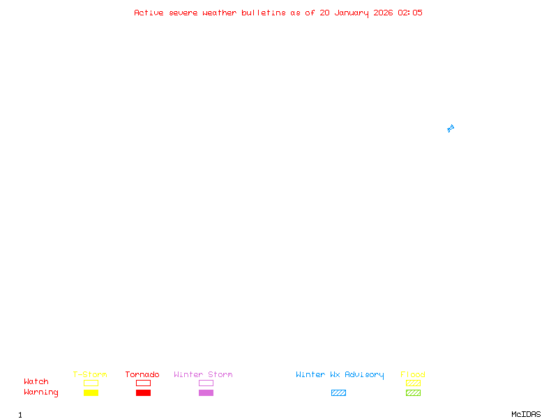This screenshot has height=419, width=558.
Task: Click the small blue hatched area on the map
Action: coord(451,128)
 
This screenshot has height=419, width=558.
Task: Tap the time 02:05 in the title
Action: coord(410,13)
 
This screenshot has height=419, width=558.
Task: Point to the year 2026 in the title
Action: coord(383,13)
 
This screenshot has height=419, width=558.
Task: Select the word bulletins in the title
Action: coord(264,13)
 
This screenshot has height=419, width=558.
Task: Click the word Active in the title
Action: coord(149,13)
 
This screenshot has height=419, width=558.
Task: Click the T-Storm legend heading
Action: coord(90,374)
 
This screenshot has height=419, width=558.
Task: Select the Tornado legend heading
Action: coord(142,374)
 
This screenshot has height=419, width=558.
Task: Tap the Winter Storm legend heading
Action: coord(203,374)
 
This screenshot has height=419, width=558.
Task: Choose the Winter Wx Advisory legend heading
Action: coord(340,374)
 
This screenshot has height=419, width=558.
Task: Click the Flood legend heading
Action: coord(413,374)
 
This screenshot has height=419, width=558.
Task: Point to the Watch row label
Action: coord(36,382)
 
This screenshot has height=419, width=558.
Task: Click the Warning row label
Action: coord(40,392)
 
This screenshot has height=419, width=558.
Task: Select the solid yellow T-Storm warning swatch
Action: coord(91,392)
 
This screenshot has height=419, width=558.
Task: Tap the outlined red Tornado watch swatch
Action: coord(143,383)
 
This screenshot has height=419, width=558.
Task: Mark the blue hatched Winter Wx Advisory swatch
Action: coord(338,392)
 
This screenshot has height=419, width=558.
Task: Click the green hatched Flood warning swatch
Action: coord(413,392)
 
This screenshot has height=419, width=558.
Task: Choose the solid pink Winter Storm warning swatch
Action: coord(206,392)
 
